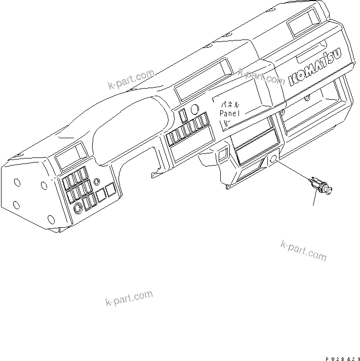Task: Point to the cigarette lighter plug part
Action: click(320, 185)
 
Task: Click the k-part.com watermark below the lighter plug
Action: click(303, 250)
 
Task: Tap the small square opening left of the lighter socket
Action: click(221, 152)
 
